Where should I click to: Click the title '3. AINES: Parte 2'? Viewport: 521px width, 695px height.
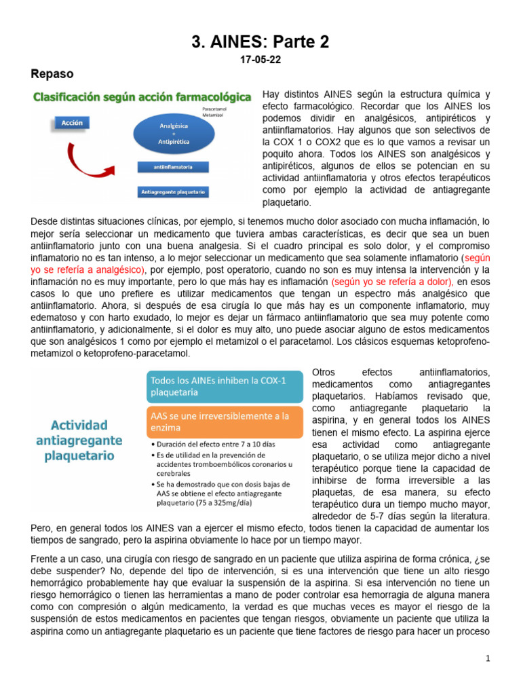260,42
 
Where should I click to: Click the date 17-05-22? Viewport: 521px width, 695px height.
260,60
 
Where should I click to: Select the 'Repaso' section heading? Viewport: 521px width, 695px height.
52,73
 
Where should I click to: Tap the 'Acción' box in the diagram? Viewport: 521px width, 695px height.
72,124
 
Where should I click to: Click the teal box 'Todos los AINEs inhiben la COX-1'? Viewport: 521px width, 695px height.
225,386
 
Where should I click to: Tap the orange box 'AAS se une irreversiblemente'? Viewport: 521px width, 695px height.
225,421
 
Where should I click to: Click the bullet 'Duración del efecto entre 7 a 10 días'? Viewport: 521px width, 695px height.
207,444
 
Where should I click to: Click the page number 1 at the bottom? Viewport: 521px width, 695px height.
487,659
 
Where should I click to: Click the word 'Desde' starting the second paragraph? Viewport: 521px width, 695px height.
45,221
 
